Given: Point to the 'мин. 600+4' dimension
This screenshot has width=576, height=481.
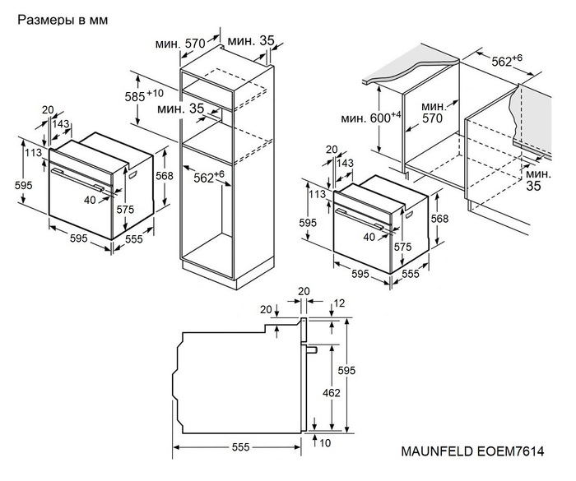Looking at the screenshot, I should tap(372, 118).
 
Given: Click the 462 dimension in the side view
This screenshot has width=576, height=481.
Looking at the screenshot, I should tap(331, 393).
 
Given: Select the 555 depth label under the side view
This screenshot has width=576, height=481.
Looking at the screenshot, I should tap(239, 448).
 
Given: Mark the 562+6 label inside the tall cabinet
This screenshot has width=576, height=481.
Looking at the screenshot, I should tap(209, 176).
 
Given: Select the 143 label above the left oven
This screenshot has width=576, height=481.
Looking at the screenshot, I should tap(61, 123).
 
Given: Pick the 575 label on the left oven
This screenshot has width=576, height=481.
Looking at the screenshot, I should tap(124, 210).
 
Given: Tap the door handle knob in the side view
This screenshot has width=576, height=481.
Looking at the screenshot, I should tap(312, 349).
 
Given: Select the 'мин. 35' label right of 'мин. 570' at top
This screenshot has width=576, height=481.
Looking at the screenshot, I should tap(251, 41).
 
